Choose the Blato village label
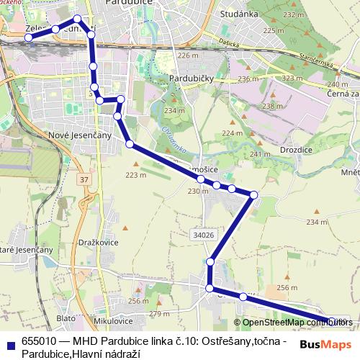(x=65, y=317)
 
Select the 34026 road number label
(x=204, y=235)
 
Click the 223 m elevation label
(x=136, y=174)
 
